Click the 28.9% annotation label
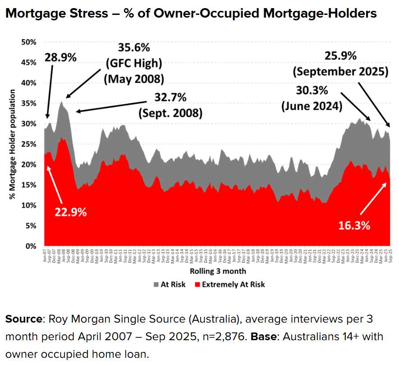pyautogui.click(x=61, y=57)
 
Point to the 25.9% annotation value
pyautogui.click(x=340, y=56)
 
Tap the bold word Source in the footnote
pyautogui.click(x=23, y=319)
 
